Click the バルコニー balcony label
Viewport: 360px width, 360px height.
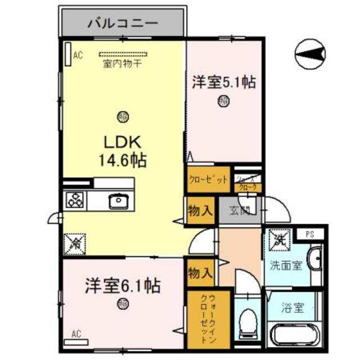123,24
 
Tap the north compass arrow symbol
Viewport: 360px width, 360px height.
310,53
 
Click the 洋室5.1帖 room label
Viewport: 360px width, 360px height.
224,83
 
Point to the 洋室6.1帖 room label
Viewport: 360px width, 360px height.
123,286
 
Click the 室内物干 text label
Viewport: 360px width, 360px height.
122,64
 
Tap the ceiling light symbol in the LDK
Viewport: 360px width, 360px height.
122,117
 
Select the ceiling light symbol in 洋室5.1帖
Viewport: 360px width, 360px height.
223,102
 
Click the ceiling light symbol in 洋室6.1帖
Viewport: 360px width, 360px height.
122,304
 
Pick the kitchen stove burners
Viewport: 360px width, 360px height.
75,199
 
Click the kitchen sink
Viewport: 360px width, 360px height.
118,199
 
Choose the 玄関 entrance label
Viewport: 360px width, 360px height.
240,211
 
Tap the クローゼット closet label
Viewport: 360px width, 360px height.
208,180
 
